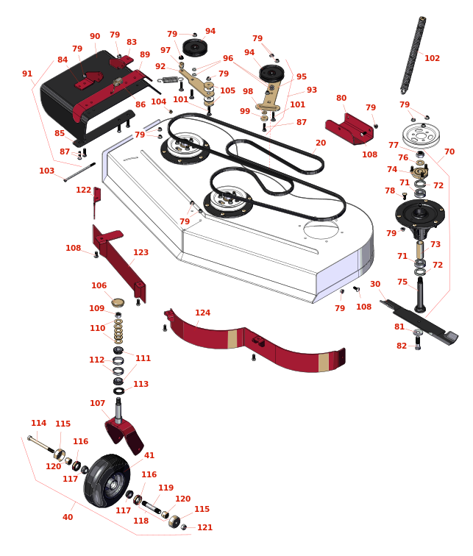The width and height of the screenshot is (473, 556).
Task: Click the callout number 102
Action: click(x=432, y=58)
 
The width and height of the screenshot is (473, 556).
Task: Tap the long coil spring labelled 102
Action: click(x=413, y=55)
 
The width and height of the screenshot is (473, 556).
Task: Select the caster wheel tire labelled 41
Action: click(x=107, y=481)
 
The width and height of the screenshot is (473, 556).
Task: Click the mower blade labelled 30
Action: click(x=419, y=321)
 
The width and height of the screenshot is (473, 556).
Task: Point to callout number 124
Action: click(x=202, y=313)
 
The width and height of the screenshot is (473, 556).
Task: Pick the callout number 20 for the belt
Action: click(x=321, y=143)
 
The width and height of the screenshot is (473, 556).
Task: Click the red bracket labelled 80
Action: click(x=349, y=129)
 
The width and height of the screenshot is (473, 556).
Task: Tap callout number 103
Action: click(x=47, y=171)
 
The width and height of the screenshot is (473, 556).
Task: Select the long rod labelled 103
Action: click(x=79, y=172)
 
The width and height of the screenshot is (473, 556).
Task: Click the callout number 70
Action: click(x=449, y=152)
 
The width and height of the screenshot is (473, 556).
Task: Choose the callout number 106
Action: click(x=99, y=285)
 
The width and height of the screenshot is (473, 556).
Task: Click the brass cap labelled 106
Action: click(x=118, y=302)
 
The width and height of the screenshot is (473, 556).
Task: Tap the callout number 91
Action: click(x=27, y=74)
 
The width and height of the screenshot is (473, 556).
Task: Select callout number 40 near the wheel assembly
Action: click(x=68, y=517)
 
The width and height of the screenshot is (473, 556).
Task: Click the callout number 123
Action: click(x=141, y=252)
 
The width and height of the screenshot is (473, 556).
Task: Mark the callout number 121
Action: click(x=205, y=527)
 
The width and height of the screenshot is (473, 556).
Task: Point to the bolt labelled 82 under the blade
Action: click(x=418, y=343)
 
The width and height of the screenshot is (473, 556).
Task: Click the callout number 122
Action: click(x=83, y=190)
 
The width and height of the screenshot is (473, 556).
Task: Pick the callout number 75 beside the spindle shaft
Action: click(x=402, y=282)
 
